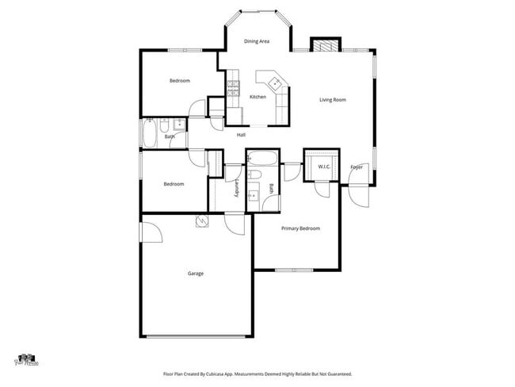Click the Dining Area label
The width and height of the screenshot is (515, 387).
point(256,41)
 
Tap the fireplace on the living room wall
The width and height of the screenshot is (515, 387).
point(325,44)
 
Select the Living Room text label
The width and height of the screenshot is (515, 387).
point(333,100)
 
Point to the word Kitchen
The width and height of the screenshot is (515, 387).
point(257,97)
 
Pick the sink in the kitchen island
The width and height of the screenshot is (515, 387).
point(273,81)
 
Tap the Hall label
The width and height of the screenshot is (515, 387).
point(242,135)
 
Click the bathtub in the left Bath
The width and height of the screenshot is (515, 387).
point(150,136)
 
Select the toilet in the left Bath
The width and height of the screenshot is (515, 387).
point(162,125)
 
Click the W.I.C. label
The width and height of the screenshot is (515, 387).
point(324,167)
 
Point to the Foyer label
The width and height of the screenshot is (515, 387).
point(357,167)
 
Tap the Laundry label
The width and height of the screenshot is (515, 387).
point(237,188)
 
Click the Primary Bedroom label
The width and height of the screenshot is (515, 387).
point(301,228)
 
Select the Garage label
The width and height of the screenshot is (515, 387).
point(196,274)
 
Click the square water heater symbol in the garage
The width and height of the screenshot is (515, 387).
point(202,221)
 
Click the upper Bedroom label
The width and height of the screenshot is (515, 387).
point(180,81)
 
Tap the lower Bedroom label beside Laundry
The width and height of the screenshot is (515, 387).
point(174,184)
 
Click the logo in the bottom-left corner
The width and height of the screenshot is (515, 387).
point(28,361)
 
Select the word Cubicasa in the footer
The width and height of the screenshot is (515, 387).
point(223,374)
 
